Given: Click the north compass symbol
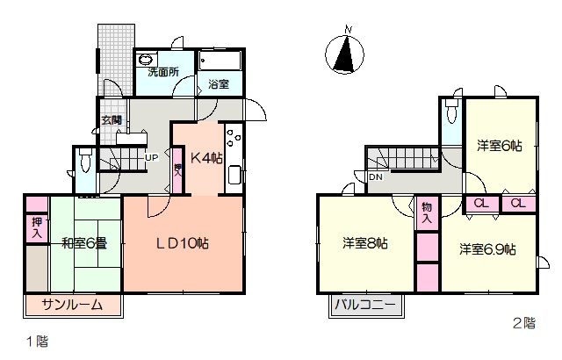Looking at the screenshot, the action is pyautogui.click(x=344, y=53).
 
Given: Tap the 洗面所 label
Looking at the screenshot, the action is pyautogui.click(x=163, y=72).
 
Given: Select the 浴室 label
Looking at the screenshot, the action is pyautogui.click(x=219, y=84).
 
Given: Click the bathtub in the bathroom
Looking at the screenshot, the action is pyautogui.click(x=220, y=61).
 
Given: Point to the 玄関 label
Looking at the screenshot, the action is pyautogui.click(x=112, y=120).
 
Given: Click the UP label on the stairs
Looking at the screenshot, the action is pyautogui.click(x=152, y=158).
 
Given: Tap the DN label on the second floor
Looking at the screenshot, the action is pyautogui.click(x=376, y=177).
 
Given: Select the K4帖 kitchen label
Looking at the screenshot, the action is pyautogui.click(x=206, y=158).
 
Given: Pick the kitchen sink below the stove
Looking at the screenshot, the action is pyautogui.click(x=234, y=175).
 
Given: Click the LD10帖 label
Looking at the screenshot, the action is pyautogui.click(x=183, y=243).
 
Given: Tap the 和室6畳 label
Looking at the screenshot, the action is pyautogui.click(x=84, y=243).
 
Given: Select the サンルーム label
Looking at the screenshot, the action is pyautogui.click(x=72, y=305).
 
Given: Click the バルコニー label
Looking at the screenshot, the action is pyautogui.click(x=365, y=306).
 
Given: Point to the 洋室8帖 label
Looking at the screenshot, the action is pyautogui.click(x=365, y=243).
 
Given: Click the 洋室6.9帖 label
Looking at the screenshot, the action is pyautogui.click(x=488, y=249).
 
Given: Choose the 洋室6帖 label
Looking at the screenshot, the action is pyautogui.click(x=500, y=146).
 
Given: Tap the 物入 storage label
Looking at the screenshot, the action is pyautogui.click(x=427, y=212).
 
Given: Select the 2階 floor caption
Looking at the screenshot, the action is pyautogui.click(x=524, y=323).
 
